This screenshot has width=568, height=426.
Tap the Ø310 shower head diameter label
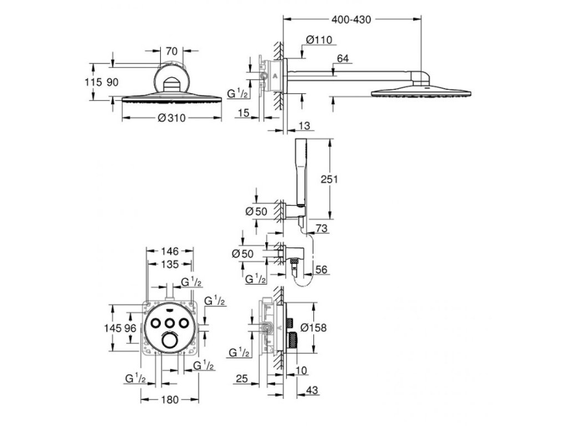click(x=171, y=118)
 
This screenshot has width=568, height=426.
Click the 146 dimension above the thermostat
click(x=171, y=251)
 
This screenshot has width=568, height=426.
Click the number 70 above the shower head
click(x=171, y=52)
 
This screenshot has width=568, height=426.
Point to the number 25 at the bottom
click(x=241, y=379)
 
